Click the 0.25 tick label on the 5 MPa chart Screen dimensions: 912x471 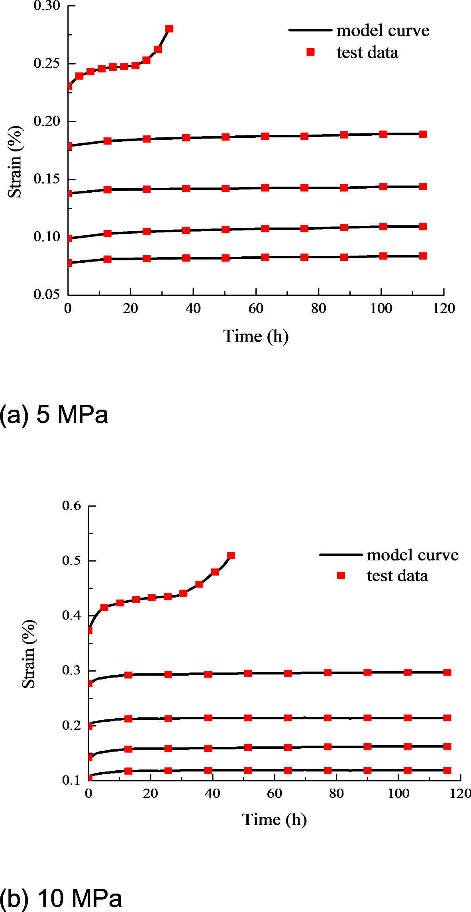(46, 63)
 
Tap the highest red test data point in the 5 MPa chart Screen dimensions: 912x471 (169, 29)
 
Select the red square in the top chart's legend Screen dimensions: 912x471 (310, 52)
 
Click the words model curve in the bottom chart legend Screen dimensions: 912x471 (412, 555)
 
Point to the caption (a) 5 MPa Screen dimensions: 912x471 (54, 414)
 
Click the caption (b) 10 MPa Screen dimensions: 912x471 (61, 898)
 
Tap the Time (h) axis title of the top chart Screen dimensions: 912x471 (255, 336)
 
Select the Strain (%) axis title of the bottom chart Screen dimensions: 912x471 (29, 654)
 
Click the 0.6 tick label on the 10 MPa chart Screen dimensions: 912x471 (71, 506)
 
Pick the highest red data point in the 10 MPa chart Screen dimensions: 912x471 (231, 555)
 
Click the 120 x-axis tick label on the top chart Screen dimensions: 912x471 (444, 309)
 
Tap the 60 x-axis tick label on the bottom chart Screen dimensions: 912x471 (274, 793)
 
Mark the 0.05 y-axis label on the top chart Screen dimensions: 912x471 (46, 295)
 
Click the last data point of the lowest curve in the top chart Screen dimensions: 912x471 (423, 256)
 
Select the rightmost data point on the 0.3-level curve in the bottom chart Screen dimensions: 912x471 (447, 672)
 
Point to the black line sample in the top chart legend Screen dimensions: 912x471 (310, 30)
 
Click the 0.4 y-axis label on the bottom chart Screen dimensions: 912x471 (71, 615)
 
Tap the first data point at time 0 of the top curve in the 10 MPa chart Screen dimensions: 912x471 (90, 630)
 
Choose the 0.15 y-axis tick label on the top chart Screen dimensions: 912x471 (46, 179)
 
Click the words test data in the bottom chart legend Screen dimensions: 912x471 (397, 576)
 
